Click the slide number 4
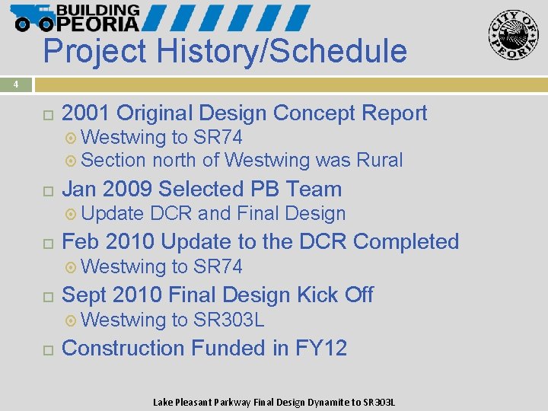pos(15,84)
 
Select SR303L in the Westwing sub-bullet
pos(229,320)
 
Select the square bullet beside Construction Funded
pos(47,349)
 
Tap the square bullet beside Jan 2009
pos(47,190)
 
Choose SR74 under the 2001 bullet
pos(218,138)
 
